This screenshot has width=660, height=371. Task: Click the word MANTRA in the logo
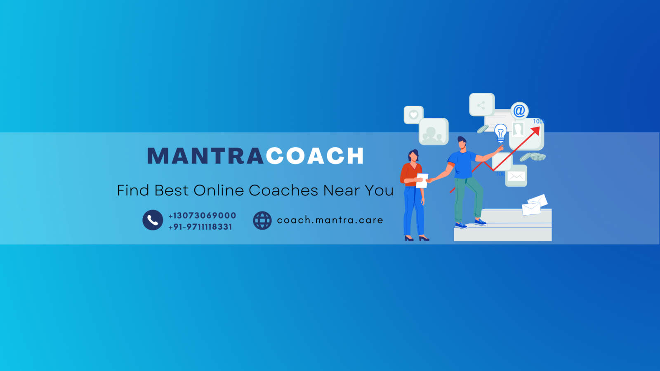tap(205, 156)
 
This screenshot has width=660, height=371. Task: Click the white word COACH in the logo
tap(315, 156)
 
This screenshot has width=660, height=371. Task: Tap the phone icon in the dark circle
tap(153, 220)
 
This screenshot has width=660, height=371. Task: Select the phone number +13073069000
tap(202, 216)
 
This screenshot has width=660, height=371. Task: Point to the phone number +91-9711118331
tap(200, 227)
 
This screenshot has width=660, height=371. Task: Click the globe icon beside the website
tap(262, 221)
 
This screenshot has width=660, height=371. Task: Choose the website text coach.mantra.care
tap(330, 220)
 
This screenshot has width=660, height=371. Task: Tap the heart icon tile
tap(413, 115)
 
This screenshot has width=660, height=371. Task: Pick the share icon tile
tap(481, 105)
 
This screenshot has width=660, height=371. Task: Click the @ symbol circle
tap(519, 110)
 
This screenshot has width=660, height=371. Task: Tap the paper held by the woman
tap(422, 180)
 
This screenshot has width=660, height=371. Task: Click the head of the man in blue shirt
tap(462, 143)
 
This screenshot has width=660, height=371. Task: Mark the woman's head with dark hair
tap(413, 156)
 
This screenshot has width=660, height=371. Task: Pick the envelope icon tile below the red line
tap(516, 176)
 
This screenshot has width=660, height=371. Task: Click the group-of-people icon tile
tap(433, 132)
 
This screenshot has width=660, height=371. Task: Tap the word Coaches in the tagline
tap(283, 190)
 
